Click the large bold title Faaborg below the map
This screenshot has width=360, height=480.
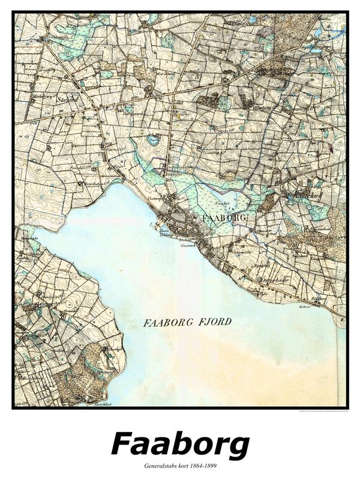coord(180,445)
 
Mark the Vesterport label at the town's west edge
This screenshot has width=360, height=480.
coord(157,196)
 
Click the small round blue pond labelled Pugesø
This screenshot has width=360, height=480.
coord(153,140)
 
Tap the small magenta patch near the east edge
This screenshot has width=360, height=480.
coord(329,145)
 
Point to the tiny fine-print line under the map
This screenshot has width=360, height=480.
coord(322,411)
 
